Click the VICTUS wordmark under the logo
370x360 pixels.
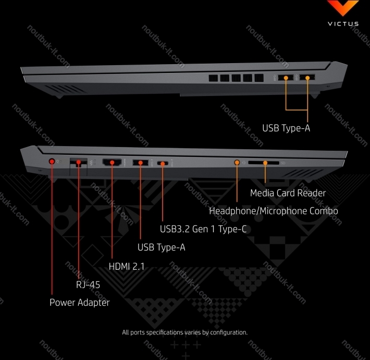tap(343, 23)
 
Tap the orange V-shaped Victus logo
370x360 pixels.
tap(343, 7)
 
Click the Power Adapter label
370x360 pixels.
tap(80, 303)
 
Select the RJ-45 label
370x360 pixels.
tap(88, 285)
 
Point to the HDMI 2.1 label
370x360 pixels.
tap(127, 267)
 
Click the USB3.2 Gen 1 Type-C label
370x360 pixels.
tap(203, 229)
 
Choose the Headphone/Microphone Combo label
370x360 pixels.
tap(274, 211)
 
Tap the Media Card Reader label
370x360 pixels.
tap(288, 193)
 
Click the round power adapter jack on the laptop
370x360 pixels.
tap(52, 161)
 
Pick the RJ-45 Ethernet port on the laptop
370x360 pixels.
tap(79, 163)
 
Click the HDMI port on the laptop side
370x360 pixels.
tap(112, 162)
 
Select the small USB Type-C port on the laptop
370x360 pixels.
tap(163, 163)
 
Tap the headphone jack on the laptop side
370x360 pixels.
tap(237, 162)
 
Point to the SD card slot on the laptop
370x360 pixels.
tap(264, 163)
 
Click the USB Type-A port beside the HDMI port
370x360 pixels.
tap(140, 162)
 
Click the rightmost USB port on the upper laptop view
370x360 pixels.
tap(307, 77)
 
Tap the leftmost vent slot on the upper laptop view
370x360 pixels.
tap(213, 78)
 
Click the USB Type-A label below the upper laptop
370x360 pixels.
tap(286, 128)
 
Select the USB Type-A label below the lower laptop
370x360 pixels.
tap(162, 247)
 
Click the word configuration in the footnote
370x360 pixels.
tap(229, 332)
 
